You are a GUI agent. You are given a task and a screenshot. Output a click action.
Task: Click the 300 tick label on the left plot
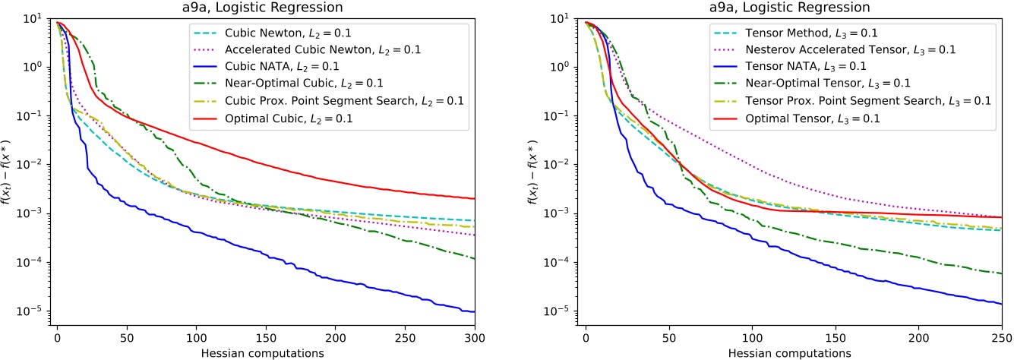pos(475,336)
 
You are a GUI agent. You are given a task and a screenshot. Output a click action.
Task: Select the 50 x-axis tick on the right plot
pos(668,336)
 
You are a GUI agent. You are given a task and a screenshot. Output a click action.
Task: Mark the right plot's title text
pos(793,8)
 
